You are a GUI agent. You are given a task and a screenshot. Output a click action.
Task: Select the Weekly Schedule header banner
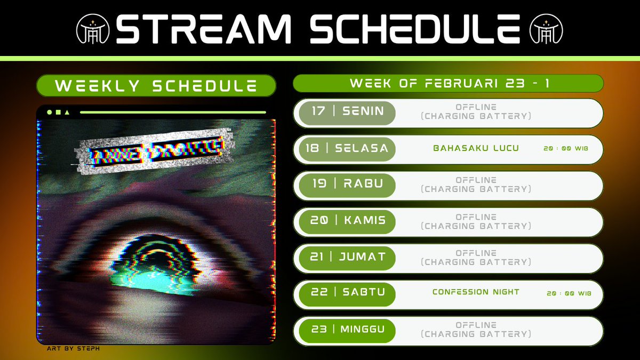pos(156,86)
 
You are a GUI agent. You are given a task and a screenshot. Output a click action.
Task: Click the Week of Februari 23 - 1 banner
pos(448,83)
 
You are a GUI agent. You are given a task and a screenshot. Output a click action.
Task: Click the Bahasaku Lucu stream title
pos(476,148)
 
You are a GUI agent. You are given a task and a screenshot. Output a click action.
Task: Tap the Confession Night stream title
pos(476,292)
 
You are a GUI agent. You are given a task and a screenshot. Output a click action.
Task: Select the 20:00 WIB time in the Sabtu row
pos(569,293)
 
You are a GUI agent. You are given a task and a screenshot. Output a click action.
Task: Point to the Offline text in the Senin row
pos(476,107)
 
